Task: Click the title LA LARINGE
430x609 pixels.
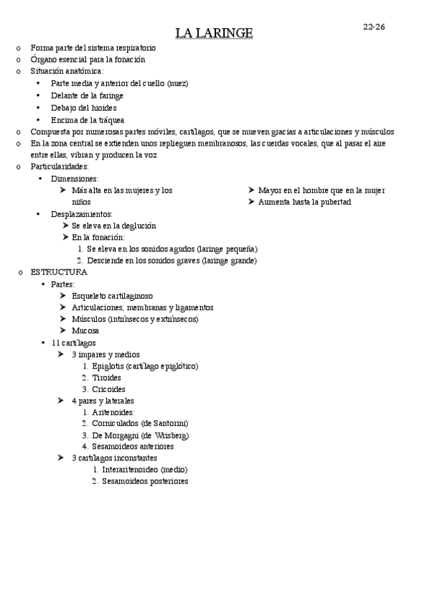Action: (x=214, y=33)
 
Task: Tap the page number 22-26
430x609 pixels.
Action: (x=374, y=27)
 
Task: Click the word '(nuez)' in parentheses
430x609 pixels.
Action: (x=177, y=83)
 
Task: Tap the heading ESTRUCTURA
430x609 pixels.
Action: (x=59, y=273)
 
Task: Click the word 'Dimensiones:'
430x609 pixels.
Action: (x=75, y=179)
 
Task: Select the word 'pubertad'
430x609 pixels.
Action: (x=335, y=203)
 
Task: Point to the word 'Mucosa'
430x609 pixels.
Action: (x=85, y=331)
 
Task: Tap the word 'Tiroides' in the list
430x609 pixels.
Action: (x=106, y=378)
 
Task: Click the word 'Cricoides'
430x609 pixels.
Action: (x=109, y=389)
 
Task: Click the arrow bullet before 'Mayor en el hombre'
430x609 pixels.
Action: (x=252, y=190)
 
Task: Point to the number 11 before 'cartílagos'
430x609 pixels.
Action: (x=56, y=343)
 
